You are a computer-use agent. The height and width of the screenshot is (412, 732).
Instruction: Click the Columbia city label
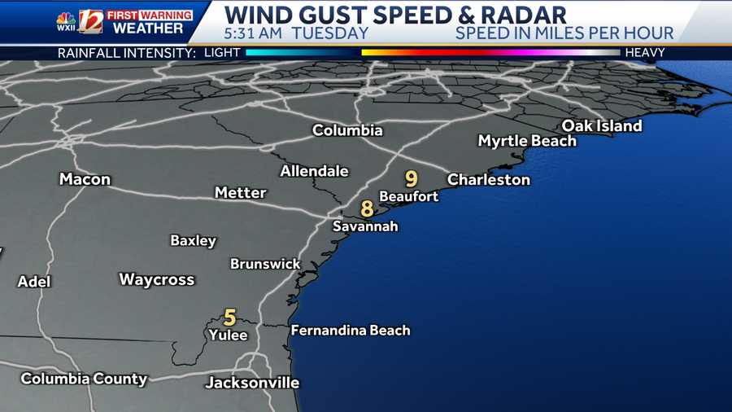347,130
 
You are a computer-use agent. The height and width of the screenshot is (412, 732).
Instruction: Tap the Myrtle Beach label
527,141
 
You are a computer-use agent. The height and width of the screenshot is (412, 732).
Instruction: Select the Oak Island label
602,125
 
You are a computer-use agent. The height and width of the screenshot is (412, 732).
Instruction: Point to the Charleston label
489,180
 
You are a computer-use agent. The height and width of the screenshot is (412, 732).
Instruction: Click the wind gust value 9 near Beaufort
412,178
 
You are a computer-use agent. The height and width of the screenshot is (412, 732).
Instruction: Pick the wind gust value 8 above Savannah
367,208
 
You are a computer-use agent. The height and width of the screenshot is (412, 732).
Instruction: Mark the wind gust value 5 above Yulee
230,317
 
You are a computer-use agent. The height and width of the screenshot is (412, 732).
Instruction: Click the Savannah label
365,226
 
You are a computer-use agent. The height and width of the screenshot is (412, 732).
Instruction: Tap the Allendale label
314,171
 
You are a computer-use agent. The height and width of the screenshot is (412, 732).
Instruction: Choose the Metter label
241,193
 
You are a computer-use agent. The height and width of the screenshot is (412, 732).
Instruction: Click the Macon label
85,179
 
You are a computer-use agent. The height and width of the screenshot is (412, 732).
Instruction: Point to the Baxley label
194,240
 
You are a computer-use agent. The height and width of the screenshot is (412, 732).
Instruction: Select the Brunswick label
265,264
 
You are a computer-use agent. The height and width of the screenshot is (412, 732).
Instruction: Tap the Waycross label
157,279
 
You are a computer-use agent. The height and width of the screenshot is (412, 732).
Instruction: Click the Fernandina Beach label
351,331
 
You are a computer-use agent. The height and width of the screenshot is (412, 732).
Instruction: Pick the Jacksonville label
252,383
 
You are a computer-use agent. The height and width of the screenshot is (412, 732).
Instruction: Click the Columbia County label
84,379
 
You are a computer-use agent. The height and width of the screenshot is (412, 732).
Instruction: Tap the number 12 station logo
89,21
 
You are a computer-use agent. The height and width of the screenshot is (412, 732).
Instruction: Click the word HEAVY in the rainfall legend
645,53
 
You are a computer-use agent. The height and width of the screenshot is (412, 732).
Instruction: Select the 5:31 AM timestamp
252,33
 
